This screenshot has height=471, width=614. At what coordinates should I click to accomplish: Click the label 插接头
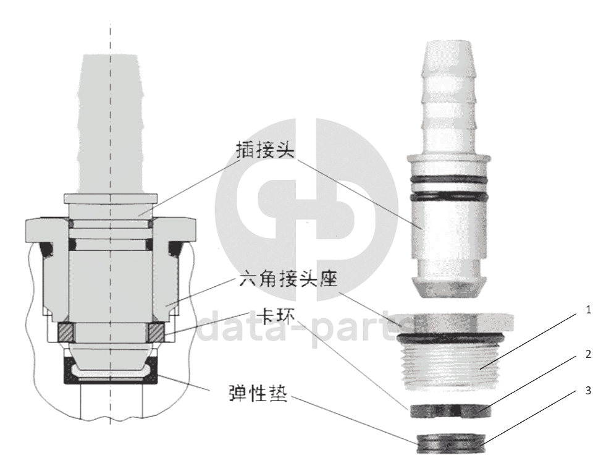pos(265,150)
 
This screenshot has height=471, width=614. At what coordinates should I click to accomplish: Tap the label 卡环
pos(276,316)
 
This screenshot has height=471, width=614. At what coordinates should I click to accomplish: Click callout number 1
pos(588,310)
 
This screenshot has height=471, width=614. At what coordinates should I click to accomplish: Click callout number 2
pos(588,354)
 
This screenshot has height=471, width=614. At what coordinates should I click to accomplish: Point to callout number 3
pos(588,391)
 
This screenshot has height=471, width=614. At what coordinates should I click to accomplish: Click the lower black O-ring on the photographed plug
pos(448,195)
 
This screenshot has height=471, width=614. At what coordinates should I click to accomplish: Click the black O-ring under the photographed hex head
pos(450,337)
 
